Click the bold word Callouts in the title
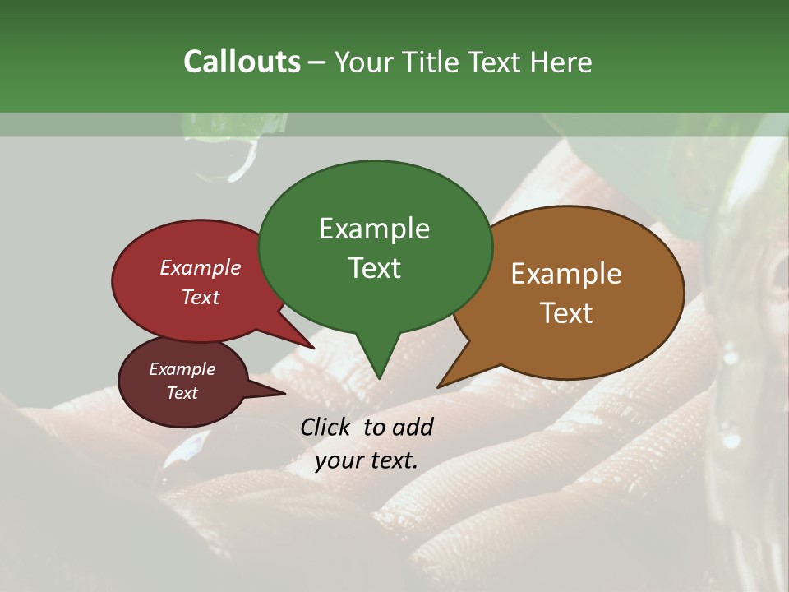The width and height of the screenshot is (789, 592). (x=242, y=62)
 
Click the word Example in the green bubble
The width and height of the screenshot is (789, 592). (x=374, y=229)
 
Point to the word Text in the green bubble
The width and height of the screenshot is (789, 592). (x=374, y=268)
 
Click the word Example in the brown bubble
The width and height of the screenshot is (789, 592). (x=566, y=274)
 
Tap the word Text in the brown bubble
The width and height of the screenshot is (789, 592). (x=566, y=313)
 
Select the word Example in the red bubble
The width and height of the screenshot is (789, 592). (x=200, y=267)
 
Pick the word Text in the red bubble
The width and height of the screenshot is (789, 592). (x=200, y=297)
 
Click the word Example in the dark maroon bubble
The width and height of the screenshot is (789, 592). (x=182, y=369)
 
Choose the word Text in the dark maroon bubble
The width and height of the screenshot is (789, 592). (x=182, y=393)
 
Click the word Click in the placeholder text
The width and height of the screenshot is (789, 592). (x=327, y=427)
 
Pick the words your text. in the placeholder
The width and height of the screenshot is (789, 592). (x=367, y=460)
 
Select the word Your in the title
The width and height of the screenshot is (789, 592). (x=364, y=62)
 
